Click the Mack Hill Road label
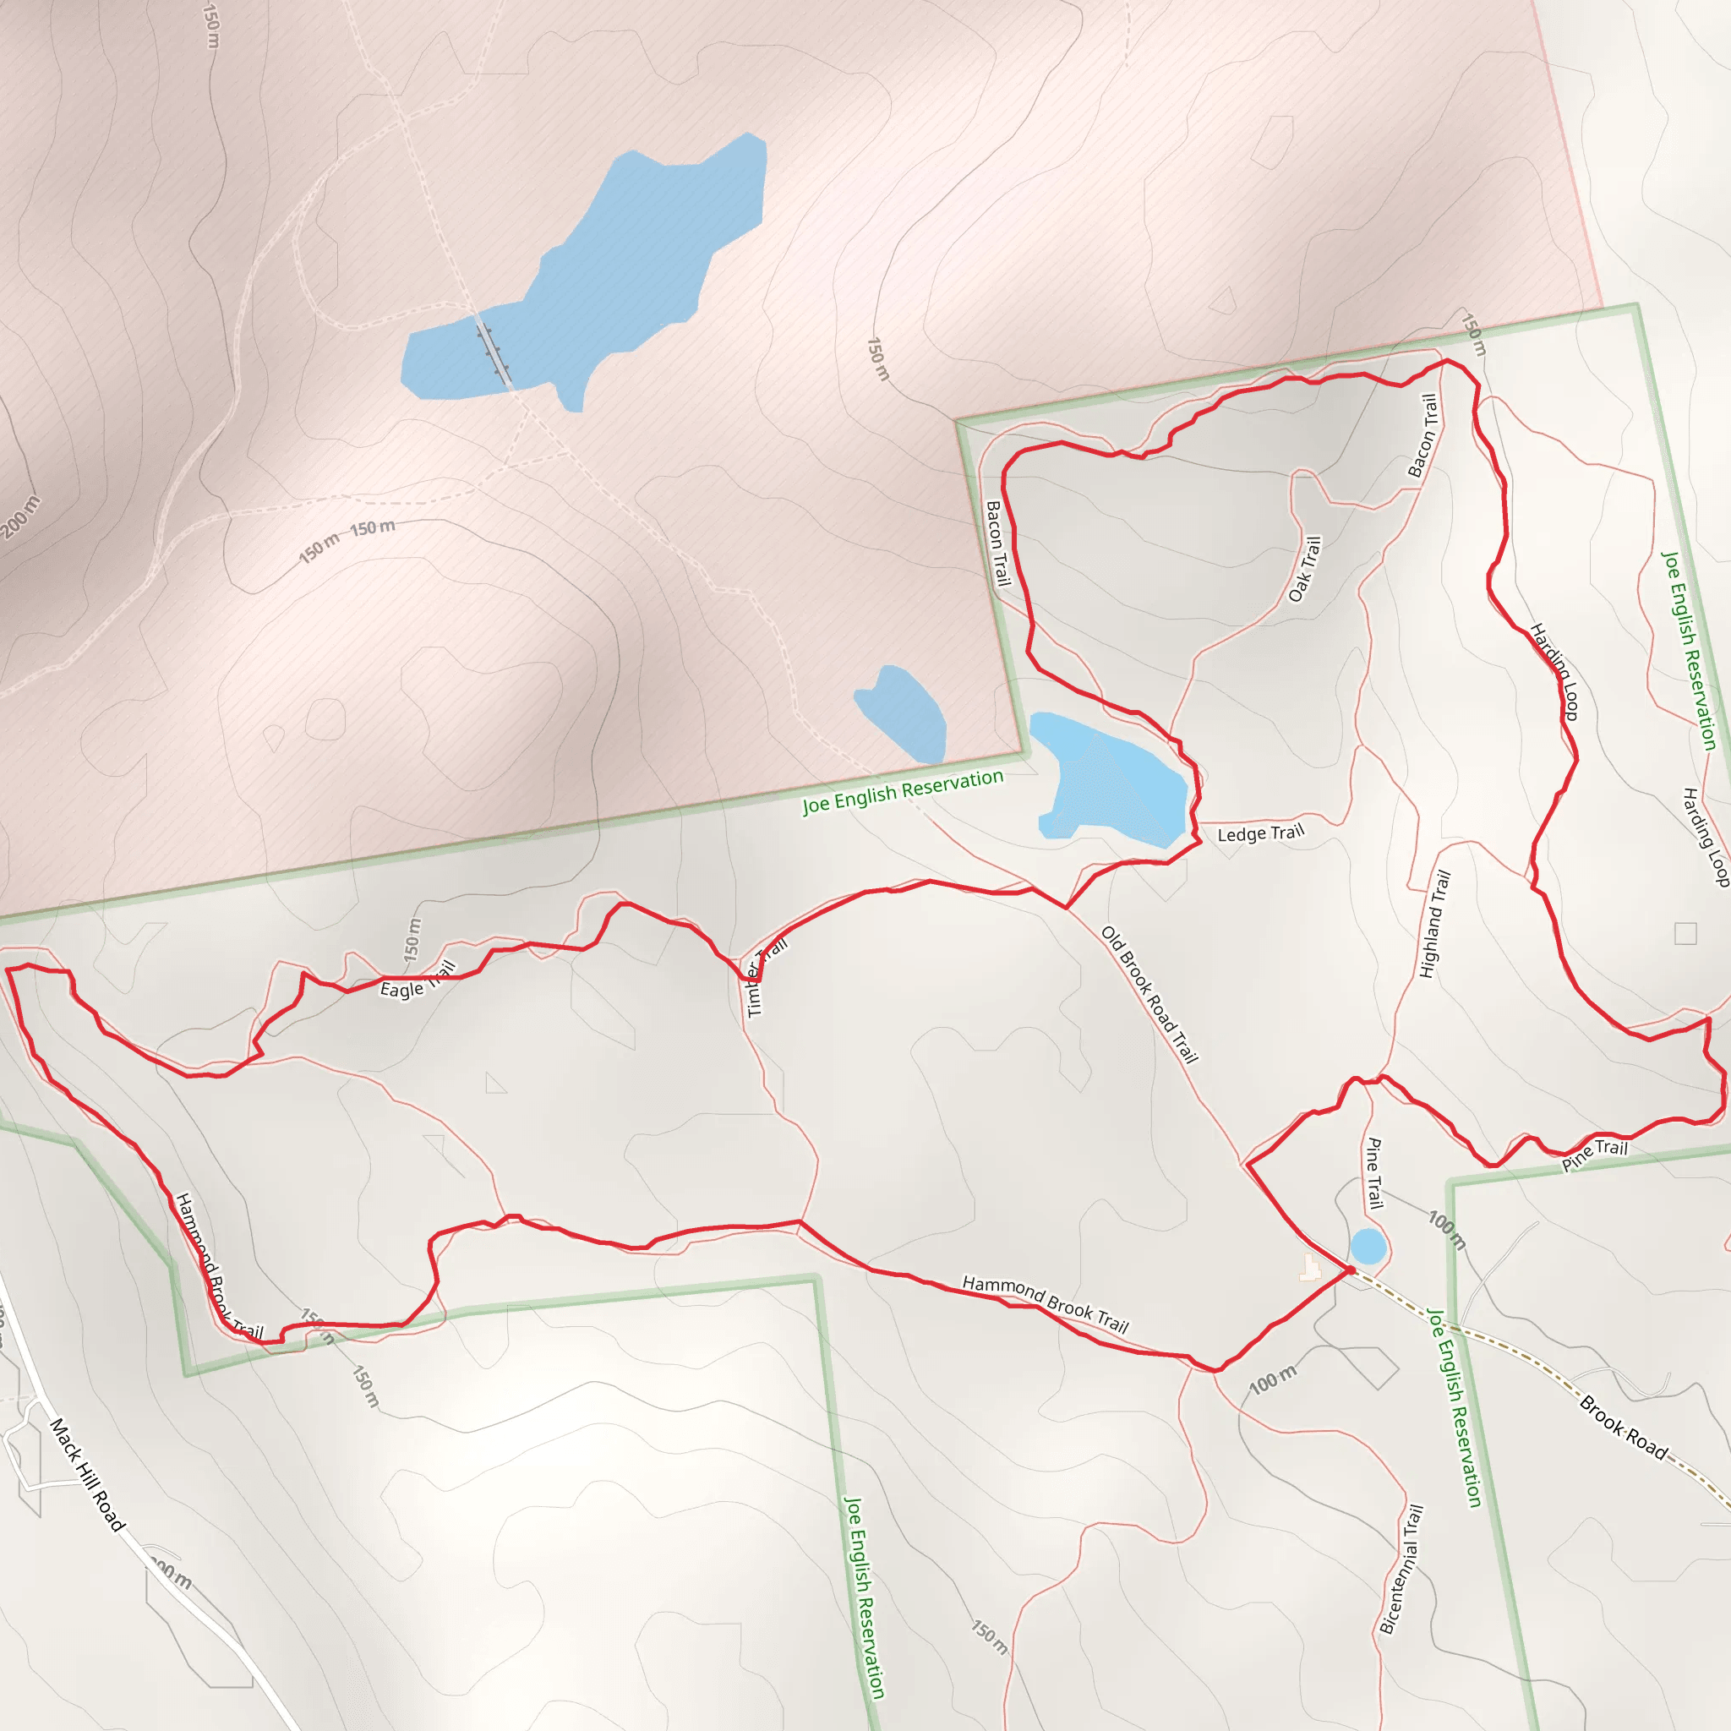pos(87,1474)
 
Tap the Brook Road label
pos(1623,1428)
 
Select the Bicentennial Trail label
pos(1401,1569)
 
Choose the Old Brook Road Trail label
pos(1149,995)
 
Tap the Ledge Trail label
pos(1259,834)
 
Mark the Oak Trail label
pos(1304,569)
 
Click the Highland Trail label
pos(1434,924)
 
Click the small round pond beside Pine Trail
pos(1368,1247)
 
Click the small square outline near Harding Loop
pos(1685,934)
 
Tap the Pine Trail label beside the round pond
pos(1373,1173)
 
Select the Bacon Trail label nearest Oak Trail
pos(1422,435)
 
